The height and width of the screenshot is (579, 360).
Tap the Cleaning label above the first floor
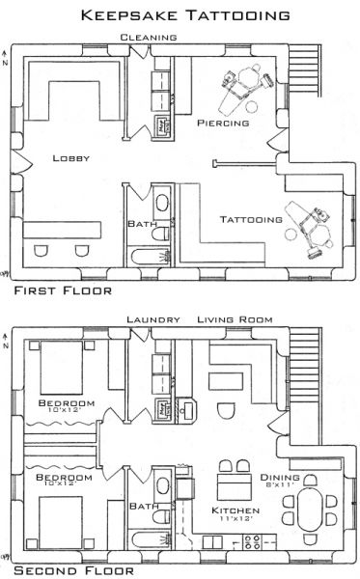[x=148, y=37]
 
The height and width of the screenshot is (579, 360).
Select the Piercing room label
[x=223, y=124]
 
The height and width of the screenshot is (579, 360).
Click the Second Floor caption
[x=66, y=570]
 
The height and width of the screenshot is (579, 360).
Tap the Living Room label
[x=236, y=317]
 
